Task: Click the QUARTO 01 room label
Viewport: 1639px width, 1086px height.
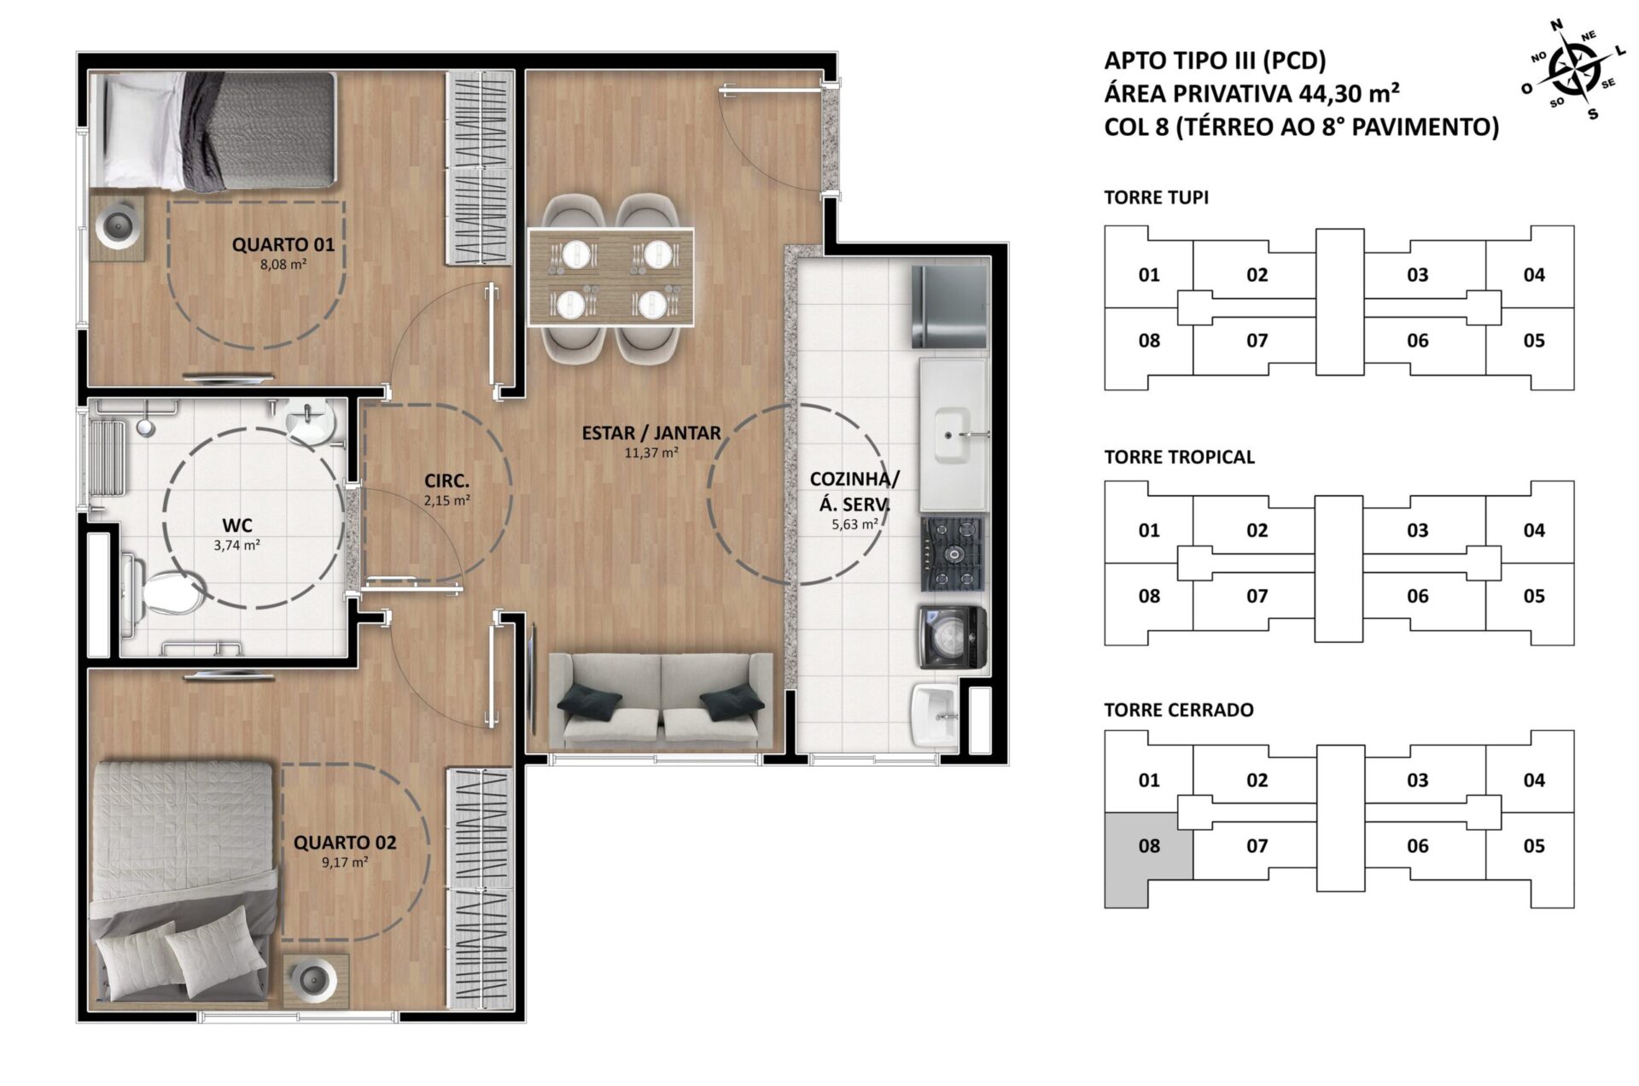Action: (283, 245)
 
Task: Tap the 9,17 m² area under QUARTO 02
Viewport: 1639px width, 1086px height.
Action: (345, 862)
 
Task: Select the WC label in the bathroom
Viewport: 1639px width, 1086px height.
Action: (237, 526)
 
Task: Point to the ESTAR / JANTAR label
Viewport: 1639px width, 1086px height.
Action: (651, 433)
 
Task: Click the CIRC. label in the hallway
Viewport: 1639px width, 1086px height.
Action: (446, 482)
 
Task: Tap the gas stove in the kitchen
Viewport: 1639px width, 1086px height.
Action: (952, 554)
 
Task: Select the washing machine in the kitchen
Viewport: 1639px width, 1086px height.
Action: (952, 637)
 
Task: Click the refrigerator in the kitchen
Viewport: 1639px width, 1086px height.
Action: (949, 307)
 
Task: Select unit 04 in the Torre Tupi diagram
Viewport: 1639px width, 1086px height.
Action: (1534, 275)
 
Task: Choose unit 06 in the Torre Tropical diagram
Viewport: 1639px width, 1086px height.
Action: (1418, 596)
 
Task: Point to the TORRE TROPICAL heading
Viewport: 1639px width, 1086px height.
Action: (1179, 457)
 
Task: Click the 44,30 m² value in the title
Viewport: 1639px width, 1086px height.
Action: (1350, 93)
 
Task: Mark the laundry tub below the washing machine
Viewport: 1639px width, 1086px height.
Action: (936, 715)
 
